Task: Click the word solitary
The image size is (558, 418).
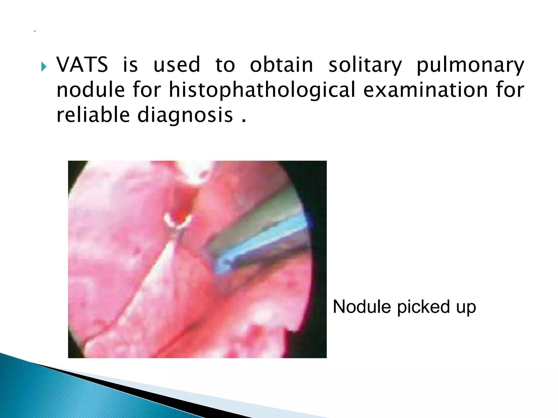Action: click(365, 65)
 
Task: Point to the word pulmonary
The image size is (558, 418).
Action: click(470, 65)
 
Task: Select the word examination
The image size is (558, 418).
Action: click(425, 90)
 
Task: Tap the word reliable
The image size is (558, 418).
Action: click(93, 115)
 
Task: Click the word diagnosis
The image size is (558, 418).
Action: click(185, 115)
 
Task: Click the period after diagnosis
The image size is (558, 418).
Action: click(244, 121)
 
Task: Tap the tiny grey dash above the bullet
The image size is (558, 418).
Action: click(35, 32)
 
